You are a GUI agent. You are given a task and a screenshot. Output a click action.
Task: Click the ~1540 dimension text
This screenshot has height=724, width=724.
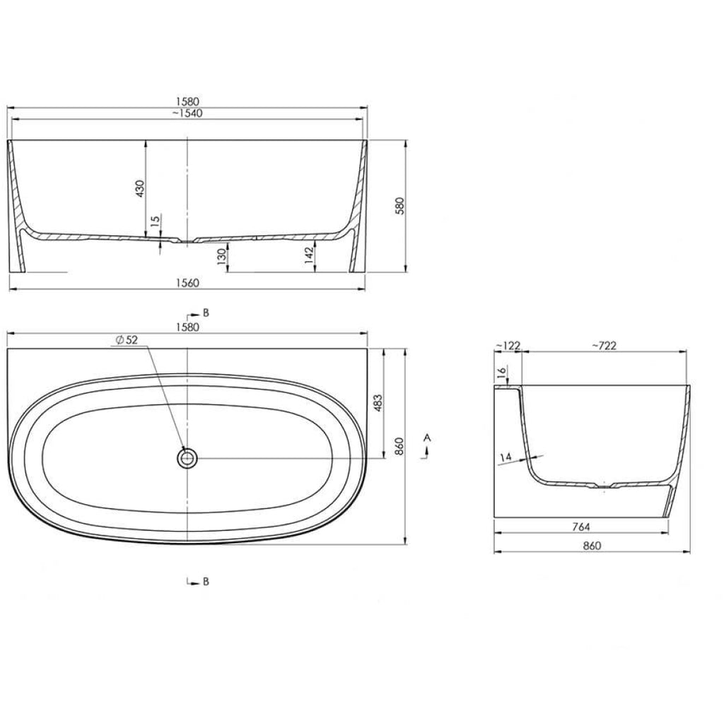click(x=187, y=114)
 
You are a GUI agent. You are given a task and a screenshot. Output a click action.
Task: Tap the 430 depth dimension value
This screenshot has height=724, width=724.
click(x=140, y=188)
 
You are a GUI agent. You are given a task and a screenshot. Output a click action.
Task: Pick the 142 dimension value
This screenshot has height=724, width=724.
click(x=308, y=255)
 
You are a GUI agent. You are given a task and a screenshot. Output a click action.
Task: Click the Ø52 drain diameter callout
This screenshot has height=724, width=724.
click(x=126, y=340)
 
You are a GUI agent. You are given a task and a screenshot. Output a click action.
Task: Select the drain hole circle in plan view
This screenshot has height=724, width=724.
click(x=187, y=457)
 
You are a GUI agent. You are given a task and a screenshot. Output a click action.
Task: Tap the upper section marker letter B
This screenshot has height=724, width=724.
click(x=205, y=312)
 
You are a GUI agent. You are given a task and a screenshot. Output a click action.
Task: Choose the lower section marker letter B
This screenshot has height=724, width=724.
click(x=205, y=582)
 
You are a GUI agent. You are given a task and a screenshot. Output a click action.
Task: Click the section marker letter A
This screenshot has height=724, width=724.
click(x=426, y=438)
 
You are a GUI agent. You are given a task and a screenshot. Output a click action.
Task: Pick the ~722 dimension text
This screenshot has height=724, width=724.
click(x=604, y=345)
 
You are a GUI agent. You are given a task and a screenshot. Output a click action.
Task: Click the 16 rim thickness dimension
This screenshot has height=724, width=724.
click(x=501, y=373)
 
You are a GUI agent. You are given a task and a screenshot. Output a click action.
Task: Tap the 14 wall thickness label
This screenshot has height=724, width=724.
click(x=505, y=458)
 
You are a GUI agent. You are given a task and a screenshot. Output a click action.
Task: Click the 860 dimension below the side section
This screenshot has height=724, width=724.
click(x=591, y=545)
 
